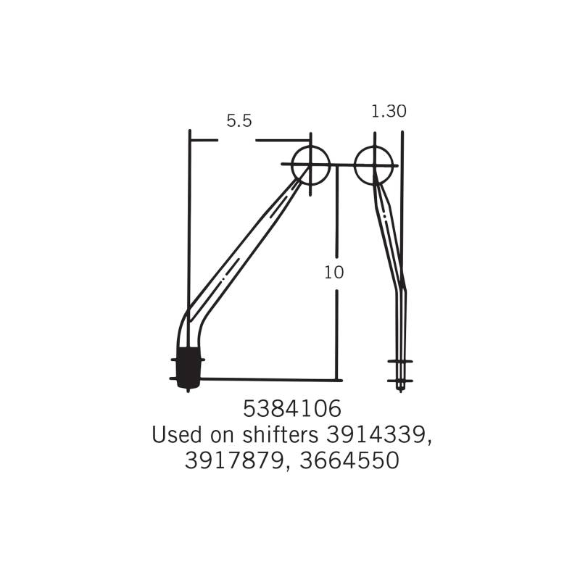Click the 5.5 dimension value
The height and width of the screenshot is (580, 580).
(239, 121)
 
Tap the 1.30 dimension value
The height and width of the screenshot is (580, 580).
(389, 111)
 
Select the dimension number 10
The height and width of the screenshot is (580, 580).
(334, 273)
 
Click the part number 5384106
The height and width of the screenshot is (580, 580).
(292, 409)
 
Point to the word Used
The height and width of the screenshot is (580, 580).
(178, 434)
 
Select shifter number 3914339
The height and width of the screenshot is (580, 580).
(376, 434)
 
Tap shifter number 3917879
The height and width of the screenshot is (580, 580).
(233, 460)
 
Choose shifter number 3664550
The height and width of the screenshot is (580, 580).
(349, 460)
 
